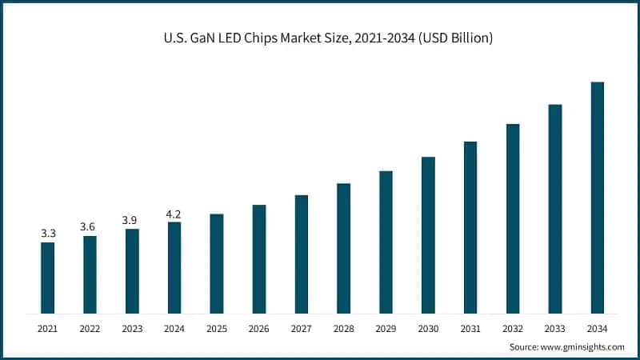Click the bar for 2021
pyautogui.click(x=48, y=278)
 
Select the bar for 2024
pyautogui.click(x=174, y=267)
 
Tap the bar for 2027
pyautogui.click(x=301, y=254)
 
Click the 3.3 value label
pyautogui.click(x=48, y=234)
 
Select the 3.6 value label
pyautogui.click(x=90, y=227)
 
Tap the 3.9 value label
pyautogui.click(x=132, y=220)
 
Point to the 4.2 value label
pyautogui.click(x=174, y=214)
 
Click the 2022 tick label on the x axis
pyautogui.click(x=90, y=329)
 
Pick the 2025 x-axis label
pyautogui.click(x=217, y=329)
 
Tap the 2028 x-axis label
pyautogui.click(x=343, y=329)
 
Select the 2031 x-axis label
pyautogui.click(x=470, y=329)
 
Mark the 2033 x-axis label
pyautogui.click(x=554, y=329)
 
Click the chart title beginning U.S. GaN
pyautogui.click(x=320, y=37)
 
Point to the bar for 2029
pyautogui.click(x=386, y=242)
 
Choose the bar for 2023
pyautogui.click(x=132, y=271)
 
